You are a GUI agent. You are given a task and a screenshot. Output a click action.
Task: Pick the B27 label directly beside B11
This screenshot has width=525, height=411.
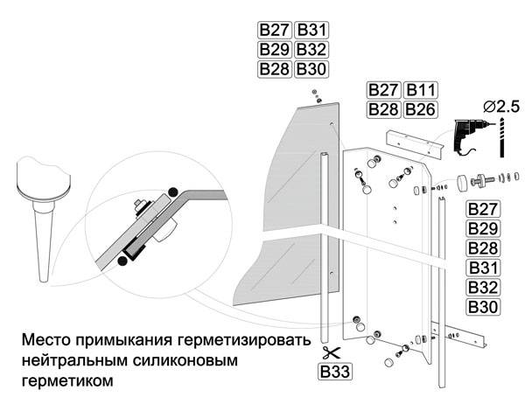tap(383, 91)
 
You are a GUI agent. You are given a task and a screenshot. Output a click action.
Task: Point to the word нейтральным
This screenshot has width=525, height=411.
tap(69, 360)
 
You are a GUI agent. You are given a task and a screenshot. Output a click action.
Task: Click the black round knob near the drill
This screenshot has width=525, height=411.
tap(460, 183)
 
